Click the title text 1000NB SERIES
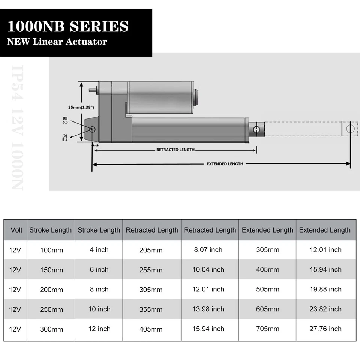tap(68, 27)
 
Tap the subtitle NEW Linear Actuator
tap(57, 42)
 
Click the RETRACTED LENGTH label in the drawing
tap(175, 150)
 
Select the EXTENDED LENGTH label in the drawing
tap(225, 164)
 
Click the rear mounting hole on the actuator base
tap(92, 129)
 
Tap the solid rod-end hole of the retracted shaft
tap(256, 130)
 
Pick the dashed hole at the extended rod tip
tap(350, 129)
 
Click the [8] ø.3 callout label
tap(65, 120)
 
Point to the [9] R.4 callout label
tap(65, 137)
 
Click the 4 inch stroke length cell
tap(99, 249)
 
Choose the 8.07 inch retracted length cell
tap(208, 250)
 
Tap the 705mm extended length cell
tap(268, 329)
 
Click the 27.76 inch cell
tap(325, 329)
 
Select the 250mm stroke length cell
tap(51, 309)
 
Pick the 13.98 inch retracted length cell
tap(208, 309)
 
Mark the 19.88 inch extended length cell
tap(325, 289)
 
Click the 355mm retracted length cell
tap(151, 309)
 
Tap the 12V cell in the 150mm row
tap(15, 270)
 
